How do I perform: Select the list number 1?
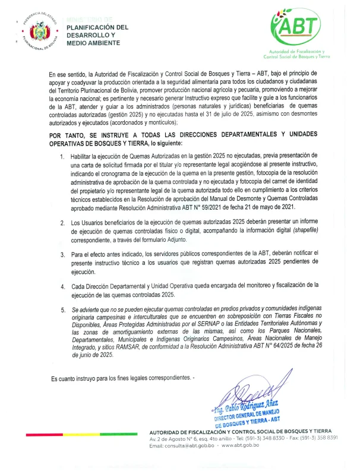(x=62, y=156)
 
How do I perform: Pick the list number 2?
(x=62, y=222)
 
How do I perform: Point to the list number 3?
(x=62, y=253)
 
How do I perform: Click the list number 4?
(x=62, y=285)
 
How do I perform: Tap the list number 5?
(x=62, y=309)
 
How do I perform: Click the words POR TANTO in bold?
(x=71, y=135)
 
